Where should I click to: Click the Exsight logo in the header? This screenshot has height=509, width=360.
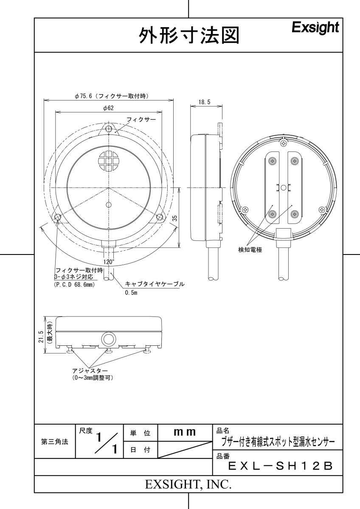point(315,28)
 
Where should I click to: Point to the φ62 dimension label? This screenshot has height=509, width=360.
point(108,108)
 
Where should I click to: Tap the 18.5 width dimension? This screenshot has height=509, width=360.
point(204,102)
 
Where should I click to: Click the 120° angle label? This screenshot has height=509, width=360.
point(109,262)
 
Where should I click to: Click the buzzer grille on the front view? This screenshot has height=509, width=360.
point(109,161)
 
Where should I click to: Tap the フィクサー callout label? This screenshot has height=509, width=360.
point(141,120)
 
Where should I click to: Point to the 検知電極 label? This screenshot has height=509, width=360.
point(250,250)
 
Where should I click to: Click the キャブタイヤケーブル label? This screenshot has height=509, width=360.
point(155,284)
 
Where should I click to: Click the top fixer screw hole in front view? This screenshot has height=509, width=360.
point(109,129)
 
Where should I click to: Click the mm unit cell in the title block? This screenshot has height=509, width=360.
point(184,433)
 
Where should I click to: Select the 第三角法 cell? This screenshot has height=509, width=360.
point(54,441)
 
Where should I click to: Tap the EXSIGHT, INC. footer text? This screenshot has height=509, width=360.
point(188,484)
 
